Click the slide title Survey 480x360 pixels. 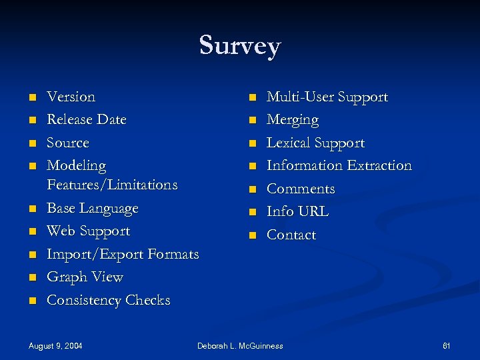click(x=240, y=46)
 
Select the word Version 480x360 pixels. click(x=71, y=97)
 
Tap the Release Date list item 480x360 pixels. click(x=86, y=120)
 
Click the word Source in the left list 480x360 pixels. click(x=67, y=143)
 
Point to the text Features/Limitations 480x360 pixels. click(x=112, y=184)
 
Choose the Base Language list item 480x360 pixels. click(x=92, y=208)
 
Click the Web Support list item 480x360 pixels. click(x=88, y=231)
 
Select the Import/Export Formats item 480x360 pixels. click(x=123, y=255)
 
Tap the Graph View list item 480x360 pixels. click(x=85, y=277)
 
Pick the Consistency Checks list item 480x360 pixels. click(x=108, y=301)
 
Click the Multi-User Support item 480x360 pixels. click(x=327, y=97)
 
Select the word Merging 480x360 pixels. click(x=293, y=120)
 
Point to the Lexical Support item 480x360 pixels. click(x=315, y=143)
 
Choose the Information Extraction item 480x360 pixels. click(x=339, y=165)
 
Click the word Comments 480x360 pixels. click(x=301, y=189)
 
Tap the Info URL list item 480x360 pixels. click(x=297, y=211)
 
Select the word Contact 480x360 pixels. click(x=291, y=235)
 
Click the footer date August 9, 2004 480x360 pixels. click(x=55, y=346)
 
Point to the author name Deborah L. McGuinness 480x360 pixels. click(x=240, y=346)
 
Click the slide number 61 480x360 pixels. click(x=447, y=346)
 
